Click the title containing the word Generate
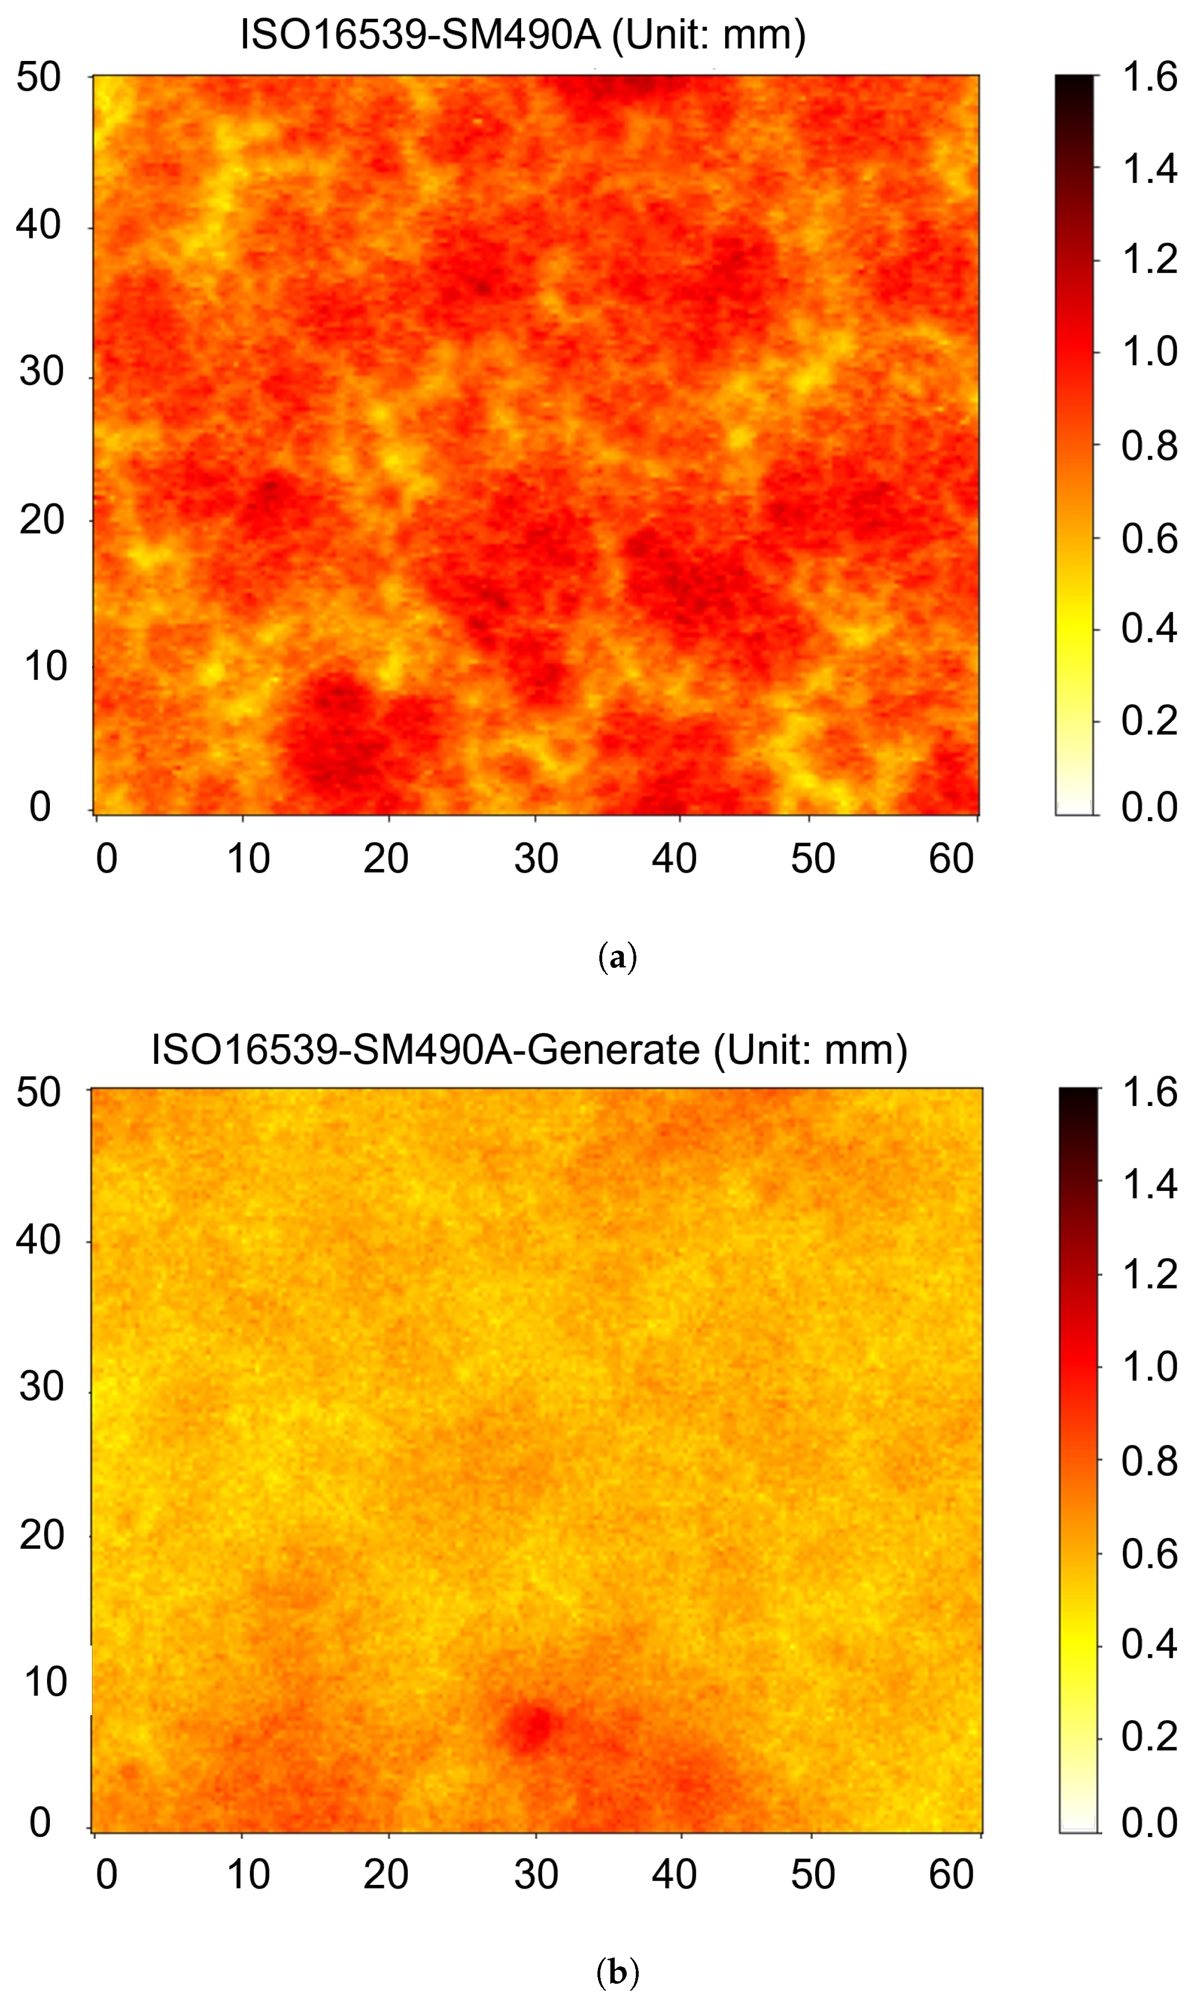click(x=529, y=1049)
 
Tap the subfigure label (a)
click(x=617, y=957)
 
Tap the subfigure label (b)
click(x=617, y=1970)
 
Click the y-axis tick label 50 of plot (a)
click(x=38, y=78)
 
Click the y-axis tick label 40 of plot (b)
click(x=38, y=1239)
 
